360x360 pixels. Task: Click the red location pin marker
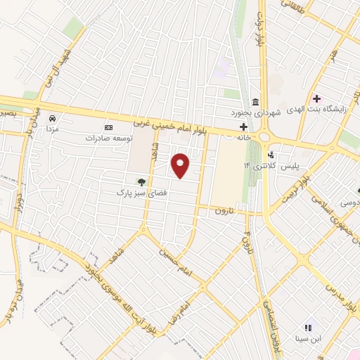(x=181, y=166)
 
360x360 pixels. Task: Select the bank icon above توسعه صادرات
(x=108, y=127)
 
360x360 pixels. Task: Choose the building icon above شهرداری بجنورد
(x=255, y=101)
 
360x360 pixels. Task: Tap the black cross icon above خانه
(x=243, y=127)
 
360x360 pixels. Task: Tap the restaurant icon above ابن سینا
(x=307, y=327)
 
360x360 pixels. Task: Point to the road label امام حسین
(x=174, y=261)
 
